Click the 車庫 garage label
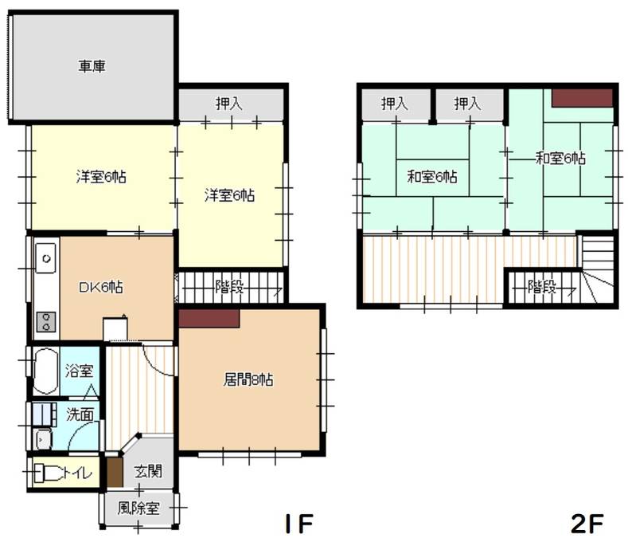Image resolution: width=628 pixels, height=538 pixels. (x=92, y=66)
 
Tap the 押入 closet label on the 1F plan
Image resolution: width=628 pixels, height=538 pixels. (x=230, y=103)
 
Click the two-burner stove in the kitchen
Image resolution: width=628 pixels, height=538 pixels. (x=46, y=323)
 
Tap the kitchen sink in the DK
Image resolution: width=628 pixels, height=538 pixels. (x=45, y=258)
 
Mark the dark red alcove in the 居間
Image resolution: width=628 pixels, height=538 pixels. (x=209, y=317)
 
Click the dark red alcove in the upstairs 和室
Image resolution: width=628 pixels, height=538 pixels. (x=583, y=97)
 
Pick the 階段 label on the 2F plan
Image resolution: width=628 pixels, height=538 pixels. (x=542, y=287)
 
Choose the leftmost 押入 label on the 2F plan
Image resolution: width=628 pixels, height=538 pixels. (x=394, y=103)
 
